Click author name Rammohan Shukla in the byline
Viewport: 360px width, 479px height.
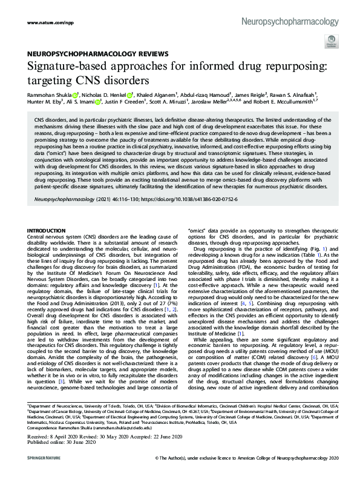(x=49, y=95)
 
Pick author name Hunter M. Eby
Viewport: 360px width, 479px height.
(x=45, y=104)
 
